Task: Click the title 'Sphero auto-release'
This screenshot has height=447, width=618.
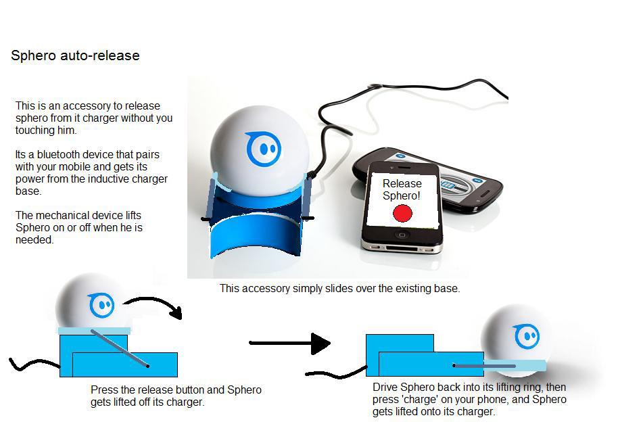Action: pyautogui.click(x=75, y=56)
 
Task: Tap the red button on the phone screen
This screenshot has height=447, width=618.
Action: pyautogui.click(x=402, y=214)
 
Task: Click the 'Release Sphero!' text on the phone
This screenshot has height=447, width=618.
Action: pyautogui.click(x=402, y=189)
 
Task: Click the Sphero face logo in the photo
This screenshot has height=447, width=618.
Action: pyautogui.click(x=263, y=149)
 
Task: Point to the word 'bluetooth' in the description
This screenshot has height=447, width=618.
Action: pyautogui.click(x=57, y=155)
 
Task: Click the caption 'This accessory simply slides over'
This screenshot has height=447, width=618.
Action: pyautogui.click(x=339, y=288)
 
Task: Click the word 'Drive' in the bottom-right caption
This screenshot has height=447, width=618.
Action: pyautogui.click(x=386, y=387)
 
